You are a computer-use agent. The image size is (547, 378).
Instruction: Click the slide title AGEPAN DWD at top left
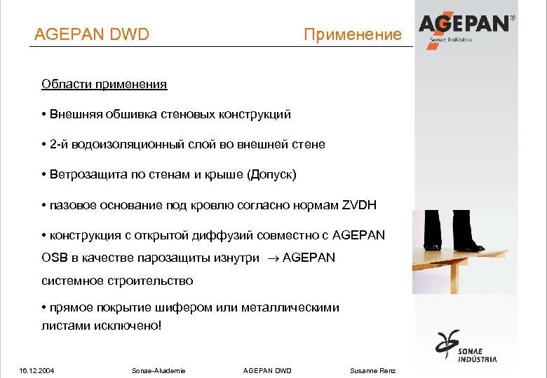pyautogui.click(x=92, y=34)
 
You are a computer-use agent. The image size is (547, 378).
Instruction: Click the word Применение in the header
pyautogui.click(x=353, y=34)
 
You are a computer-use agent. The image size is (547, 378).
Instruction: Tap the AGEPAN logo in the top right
pyautogui.click(x=466, y=26)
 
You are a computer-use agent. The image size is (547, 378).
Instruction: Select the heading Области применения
pyautogui.click(x=104, y=85)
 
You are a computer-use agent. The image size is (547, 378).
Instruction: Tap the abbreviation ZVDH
pyautogui.click(x=359, y=205)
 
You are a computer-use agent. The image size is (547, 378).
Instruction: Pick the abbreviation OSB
pyautogui.click(x=54, y=258)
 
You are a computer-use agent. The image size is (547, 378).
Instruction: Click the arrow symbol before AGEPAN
pyautogui.click(x=271, y=258)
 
